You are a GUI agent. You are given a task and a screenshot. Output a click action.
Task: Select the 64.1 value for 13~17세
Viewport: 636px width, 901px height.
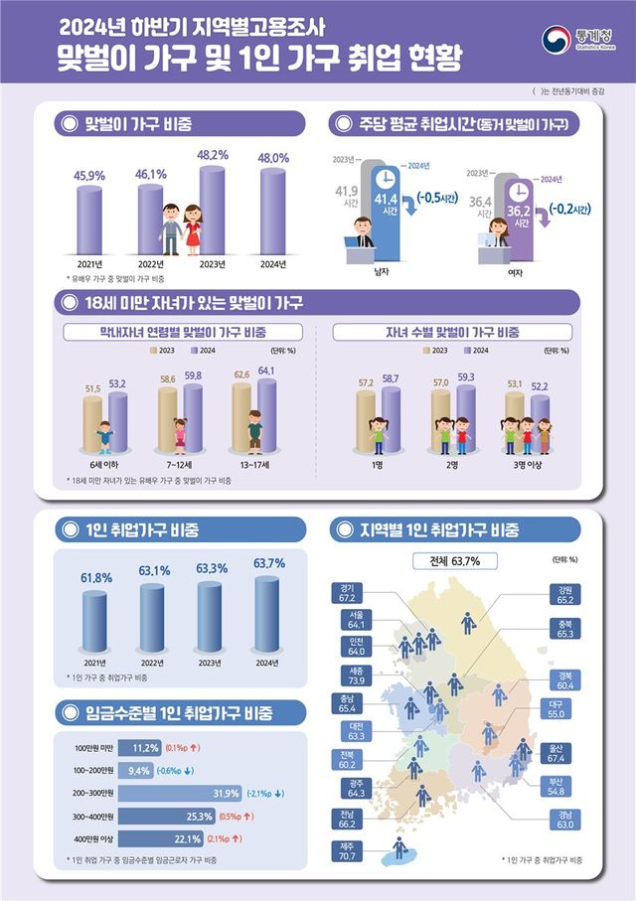click(x=266, y=371)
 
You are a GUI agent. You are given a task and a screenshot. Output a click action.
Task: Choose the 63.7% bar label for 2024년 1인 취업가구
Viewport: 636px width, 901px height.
click(x=268, y=563)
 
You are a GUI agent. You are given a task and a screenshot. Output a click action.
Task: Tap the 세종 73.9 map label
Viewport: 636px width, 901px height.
click(x=347, y=678)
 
